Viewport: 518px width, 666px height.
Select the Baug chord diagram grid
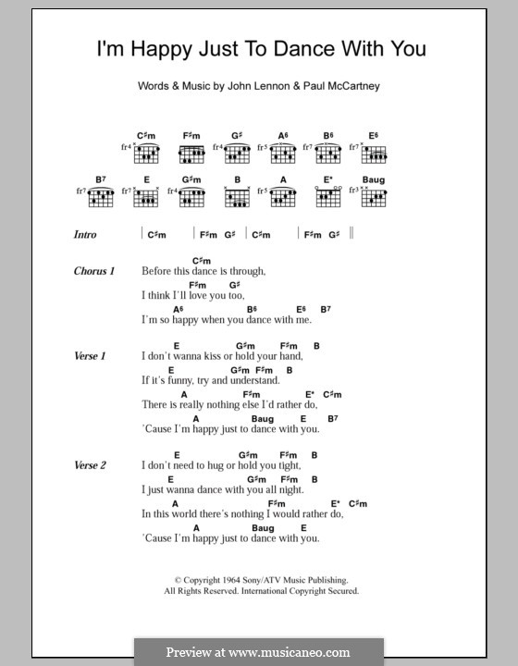[x=374, y=197]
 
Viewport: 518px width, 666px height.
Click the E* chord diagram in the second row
[x=328, y=197]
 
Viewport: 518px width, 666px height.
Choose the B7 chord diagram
[x=102, y=197]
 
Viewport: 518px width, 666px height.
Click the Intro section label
[x=85, y=235]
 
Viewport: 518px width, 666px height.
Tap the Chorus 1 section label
[x=93, y=271]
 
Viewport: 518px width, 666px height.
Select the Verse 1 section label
[x=91, y=356]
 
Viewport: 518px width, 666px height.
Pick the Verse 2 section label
[x=91, y=465]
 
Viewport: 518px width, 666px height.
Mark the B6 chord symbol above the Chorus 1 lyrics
[x=252, y=308]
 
